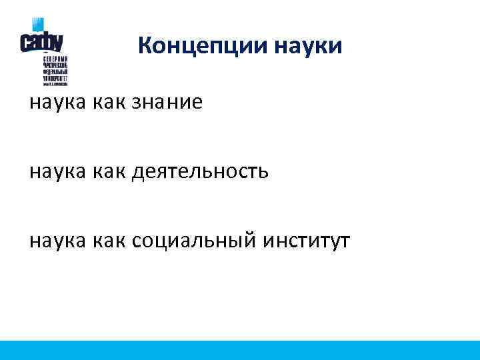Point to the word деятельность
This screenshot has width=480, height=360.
[201, 172]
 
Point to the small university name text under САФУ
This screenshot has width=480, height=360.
[55, 71]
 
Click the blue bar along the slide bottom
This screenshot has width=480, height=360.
[240, 350]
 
